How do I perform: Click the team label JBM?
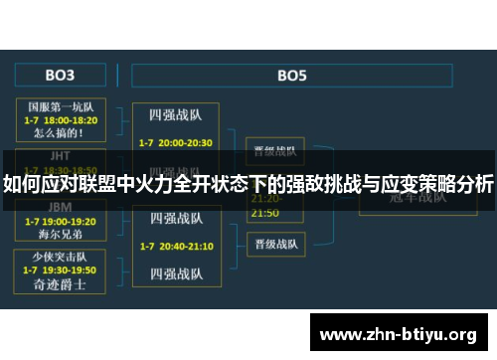[x=60, y=208]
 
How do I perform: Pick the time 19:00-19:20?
[x=70, y=221]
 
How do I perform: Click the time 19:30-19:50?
[x=70, y=270]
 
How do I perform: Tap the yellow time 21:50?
[x=264, y=213]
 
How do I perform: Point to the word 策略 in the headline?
[x=410, y=185]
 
